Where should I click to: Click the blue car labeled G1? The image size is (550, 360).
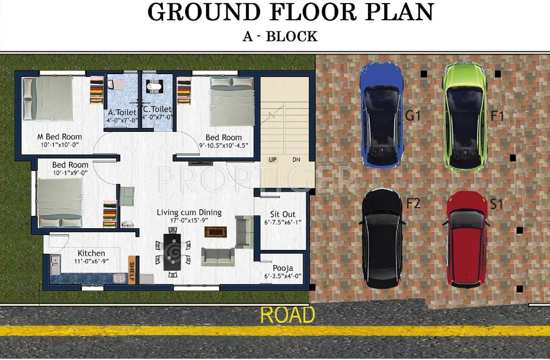tap(381, 115)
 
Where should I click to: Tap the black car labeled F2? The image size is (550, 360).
tap(383, 238)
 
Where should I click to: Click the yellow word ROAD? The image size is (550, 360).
tap(287, 315)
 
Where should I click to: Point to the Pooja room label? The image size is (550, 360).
tap(285, 269)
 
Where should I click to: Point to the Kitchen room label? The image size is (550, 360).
tap(91, 254)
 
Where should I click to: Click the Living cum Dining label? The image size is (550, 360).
tap(189, 213)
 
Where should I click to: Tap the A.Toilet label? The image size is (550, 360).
tap(122, 112)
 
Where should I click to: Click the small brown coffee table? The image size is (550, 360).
tap(216, 232)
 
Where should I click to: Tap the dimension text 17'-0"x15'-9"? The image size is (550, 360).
tap(189, 220)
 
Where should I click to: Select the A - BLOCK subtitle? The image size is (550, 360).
tap(280, 36)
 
